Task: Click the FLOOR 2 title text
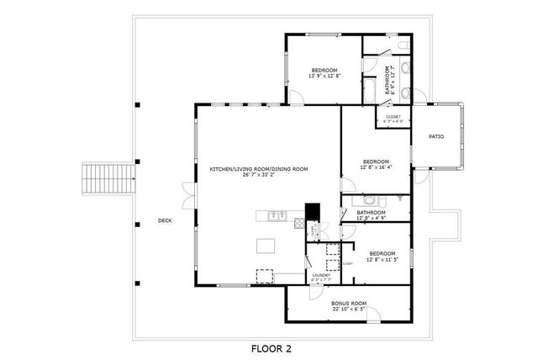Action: (271, 347)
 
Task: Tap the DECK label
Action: (165, 221)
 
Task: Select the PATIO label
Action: (436, 135)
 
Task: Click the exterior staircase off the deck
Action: (109, 177)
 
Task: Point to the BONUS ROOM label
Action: (348, 303)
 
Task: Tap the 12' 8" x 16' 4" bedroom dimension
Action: (376, 167)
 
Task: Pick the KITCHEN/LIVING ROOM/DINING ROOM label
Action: (259, 169)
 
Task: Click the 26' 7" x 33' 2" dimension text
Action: (259, 176)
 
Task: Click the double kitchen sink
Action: (277, 216)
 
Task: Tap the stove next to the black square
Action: (299, 224)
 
